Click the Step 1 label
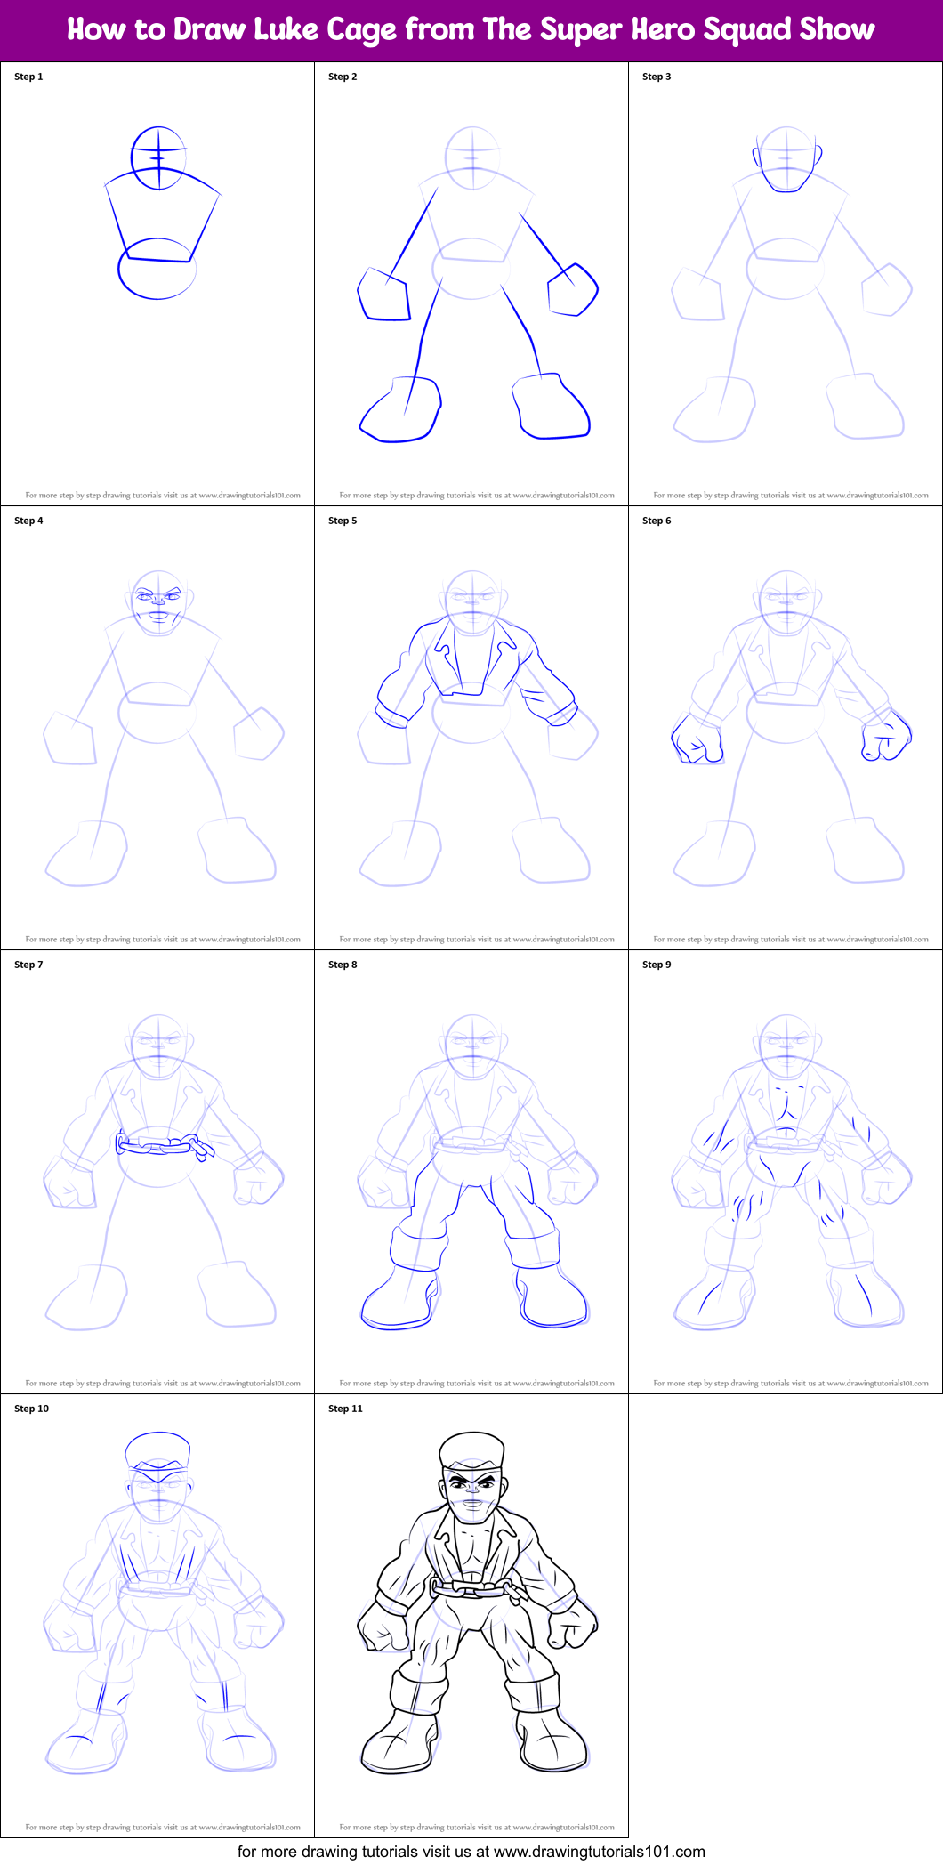coord(28,77)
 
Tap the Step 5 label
coord(343,521)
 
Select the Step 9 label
coord(657,965)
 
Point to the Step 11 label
coord(345,1409)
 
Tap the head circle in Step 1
coord(158,157)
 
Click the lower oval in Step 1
coord(157,269)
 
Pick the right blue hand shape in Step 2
coord(573,289)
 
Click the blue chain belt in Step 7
coord(164,1145)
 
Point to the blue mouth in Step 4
coord(157,613)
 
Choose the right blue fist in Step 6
coord(886,738)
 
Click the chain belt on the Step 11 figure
coord(473,1587)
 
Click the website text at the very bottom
coord(471,1851)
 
